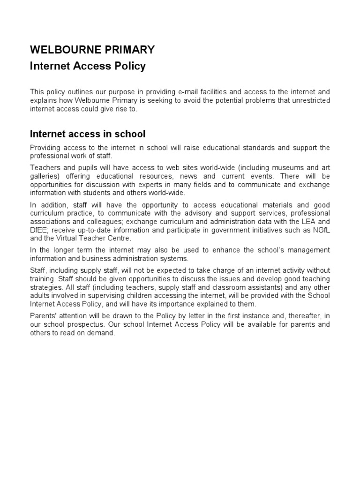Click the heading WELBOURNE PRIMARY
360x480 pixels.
point(92,50)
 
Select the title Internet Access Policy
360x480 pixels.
point(88,66)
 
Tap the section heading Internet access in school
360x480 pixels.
point(88,135)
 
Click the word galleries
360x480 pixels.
point(44,176)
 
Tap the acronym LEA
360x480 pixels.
point(308,222)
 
